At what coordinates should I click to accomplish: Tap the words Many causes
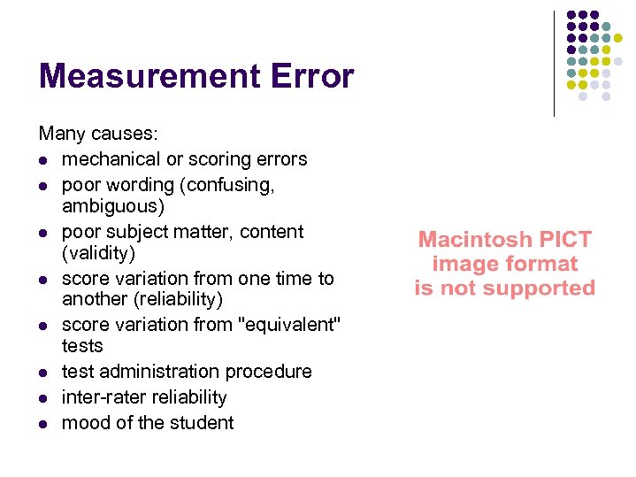pyautogui.click(x=98, y=134)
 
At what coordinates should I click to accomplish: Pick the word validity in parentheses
pyautogui.click(x=98, y=253)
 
